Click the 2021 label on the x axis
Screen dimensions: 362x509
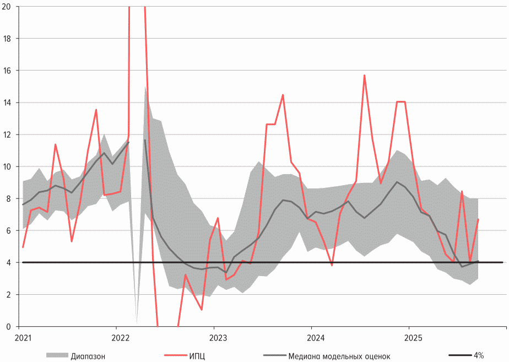pos(23,337)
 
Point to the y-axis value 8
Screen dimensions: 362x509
pos(14,198)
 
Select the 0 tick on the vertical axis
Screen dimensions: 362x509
pos(14,326)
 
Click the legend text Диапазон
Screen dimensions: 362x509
pos(88,355)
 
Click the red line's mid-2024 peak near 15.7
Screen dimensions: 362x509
pos(364,75)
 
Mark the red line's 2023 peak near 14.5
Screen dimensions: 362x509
pos(283,95)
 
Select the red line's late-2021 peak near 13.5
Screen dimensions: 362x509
pos(96,110)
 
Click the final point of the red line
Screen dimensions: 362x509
pos(478,219)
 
